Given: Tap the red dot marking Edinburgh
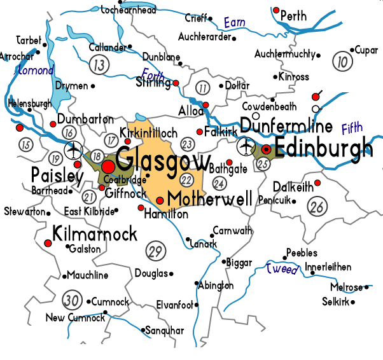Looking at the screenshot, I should pyautogui.click(x=265, y=149).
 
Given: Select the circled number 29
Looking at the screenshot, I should pyautogui.click(x=155, y=251).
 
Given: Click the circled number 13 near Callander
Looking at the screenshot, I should pyautogui.click(x=99, y=64).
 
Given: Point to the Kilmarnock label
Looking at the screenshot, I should pyautogui.click(x=95, y=234).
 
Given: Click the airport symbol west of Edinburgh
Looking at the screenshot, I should pyautogui.click(x=244, y=147).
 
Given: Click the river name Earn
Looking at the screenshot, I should pyautogui.click(x=235, y=24).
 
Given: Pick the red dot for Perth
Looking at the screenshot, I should pyautogui.click(x=275, y=11).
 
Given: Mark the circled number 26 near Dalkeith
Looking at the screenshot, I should pyautogui.click(x=316, y=205).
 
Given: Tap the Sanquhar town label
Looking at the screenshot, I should pyautogui.click(x=165, y=331).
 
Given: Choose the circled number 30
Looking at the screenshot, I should pyautogui.click(x=72, y=298).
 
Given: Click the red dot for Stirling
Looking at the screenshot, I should pyautogui.click(x=176, y=83).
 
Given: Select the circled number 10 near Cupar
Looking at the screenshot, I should pyautogui.click(x=344, y=62).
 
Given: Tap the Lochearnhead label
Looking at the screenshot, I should pyautogui.click(x=129, y=10).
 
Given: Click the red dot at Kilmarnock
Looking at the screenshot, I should pyautogui.click(x=48, y=242).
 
